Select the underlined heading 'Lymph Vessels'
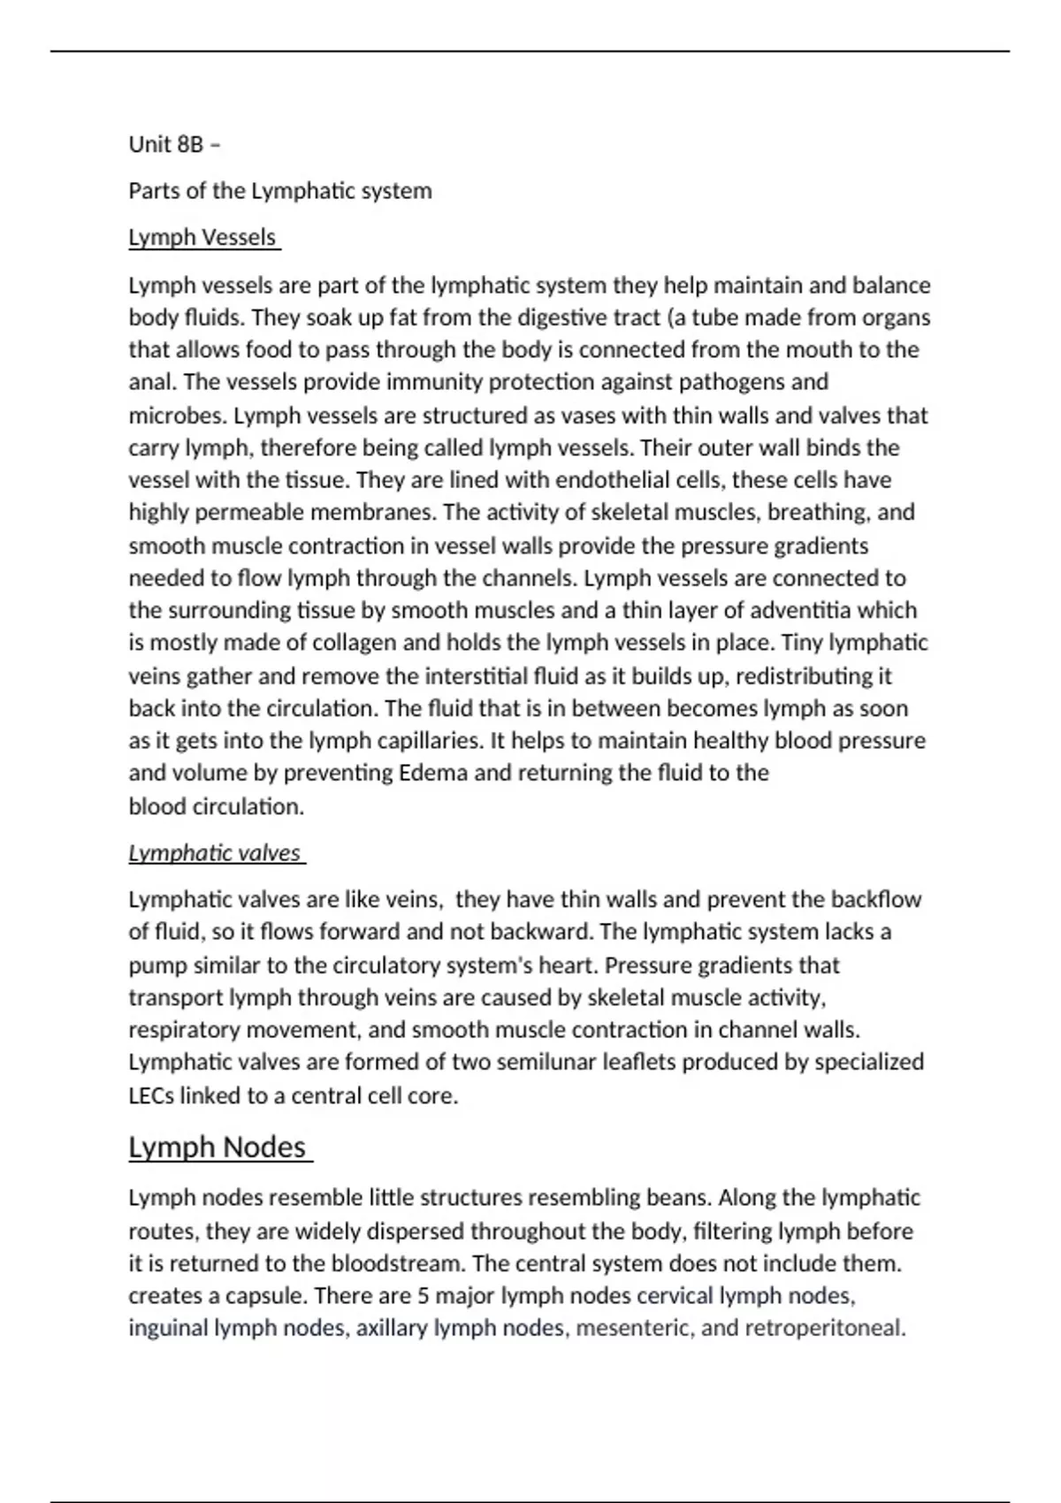[202, 238]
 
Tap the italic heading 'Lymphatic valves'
[215, 853]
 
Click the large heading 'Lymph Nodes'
[218, 1147]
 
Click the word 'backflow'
[875, 900]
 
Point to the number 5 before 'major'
[423, 1296]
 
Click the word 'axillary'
[392, 1329]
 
